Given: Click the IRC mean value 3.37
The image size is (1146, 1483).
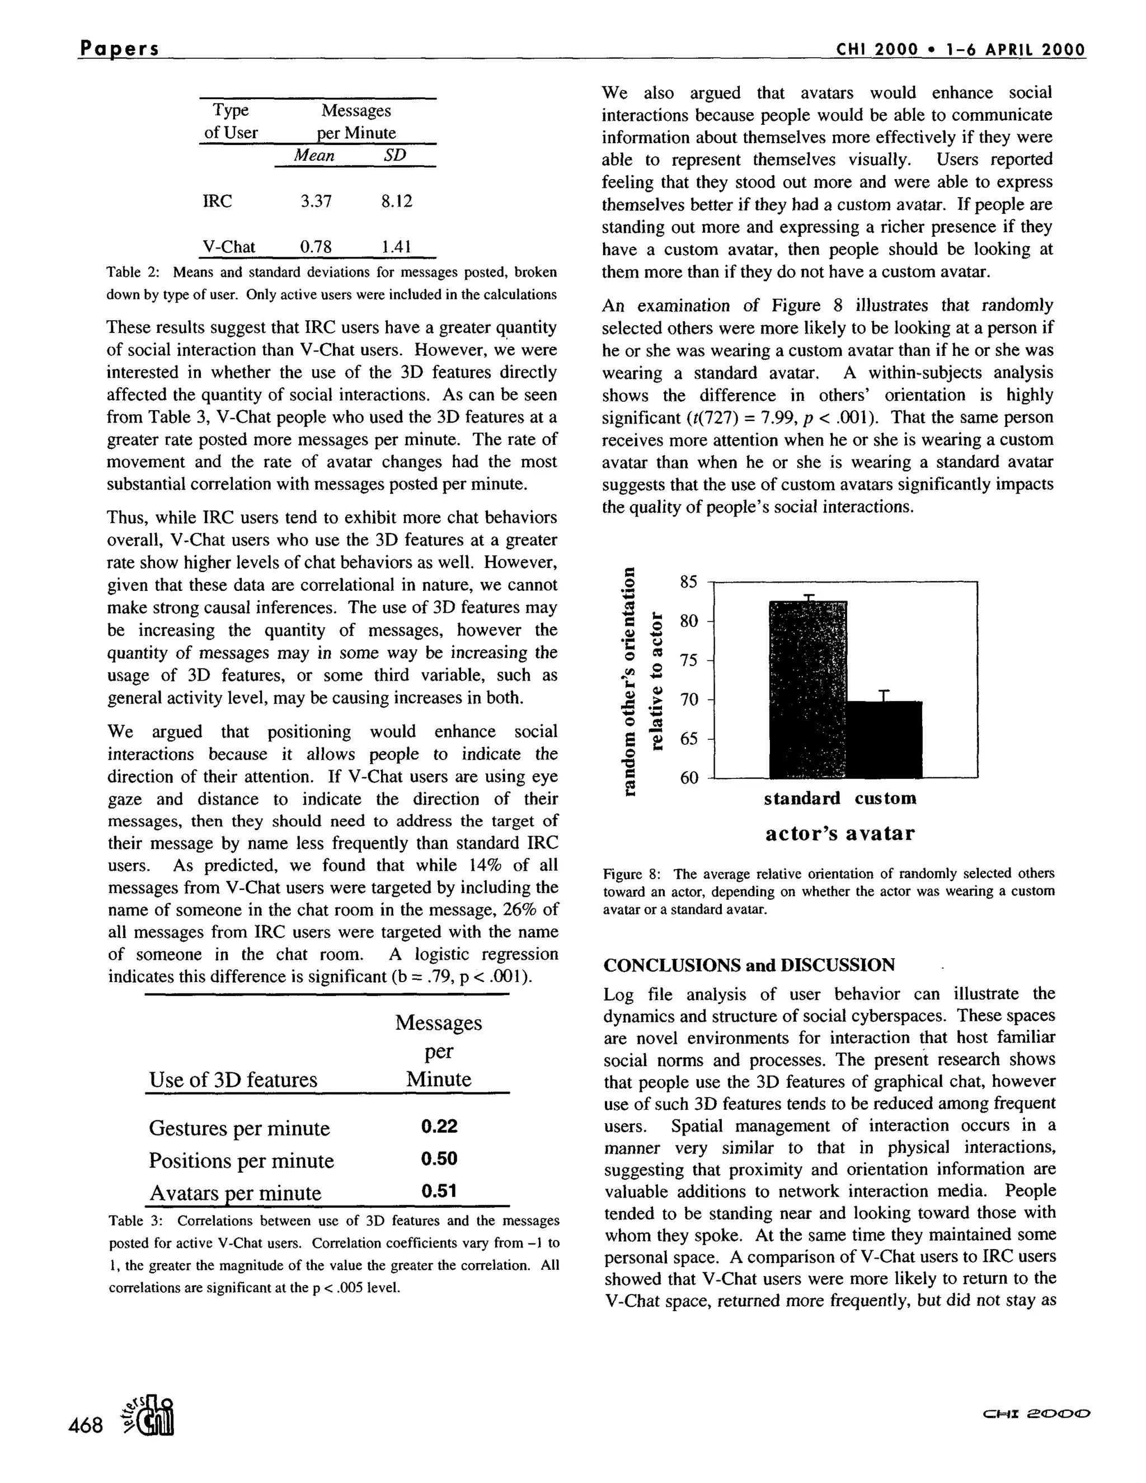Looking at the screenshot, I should [316, 201].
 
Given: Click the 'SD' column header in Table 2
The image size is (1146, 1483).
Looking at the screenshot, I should [394, 156].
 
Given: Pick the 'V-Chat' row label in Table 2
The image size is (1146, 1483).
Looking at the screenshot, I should [229, 246].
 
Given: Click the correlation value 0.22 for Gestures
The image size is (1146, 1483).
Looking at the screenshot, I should [439, 1127].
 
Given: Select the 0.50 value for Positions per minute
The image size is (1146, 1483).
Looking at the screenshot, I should [439, 1158].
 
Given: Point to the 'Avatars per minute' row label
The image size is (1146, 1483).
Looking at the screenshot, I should [235, 1193].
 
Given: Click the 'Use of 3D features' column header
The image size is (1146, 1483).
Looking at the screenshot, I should [233, 1080].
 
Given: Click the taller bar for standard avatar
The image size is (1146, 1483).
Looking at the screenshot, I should [808, 689].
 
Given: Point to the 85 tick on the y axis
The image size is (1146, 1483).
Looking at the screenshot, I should [688, 582].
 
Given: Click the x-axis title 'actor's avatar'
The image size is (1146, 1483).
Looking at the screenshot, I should [840, 833].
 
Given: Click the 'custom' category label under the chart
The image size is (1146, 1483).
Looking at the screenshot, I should [885, 798].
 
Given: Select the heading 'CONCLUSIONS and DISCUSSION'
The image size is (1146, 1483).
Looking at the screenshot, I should [749, 965].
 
